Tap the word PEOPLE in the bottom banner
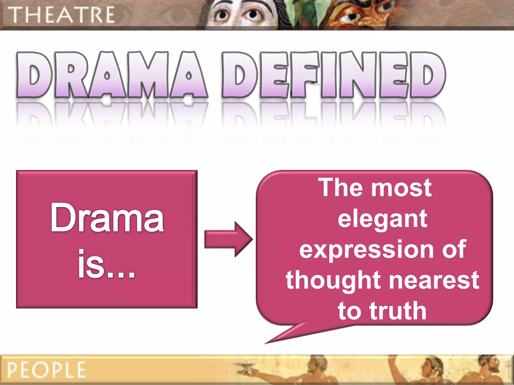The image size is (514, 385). click(46, 370)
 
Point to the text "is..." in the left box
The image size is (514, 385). click(106, 264)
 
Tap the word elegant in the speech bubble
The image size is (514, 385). click(382, 219)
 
